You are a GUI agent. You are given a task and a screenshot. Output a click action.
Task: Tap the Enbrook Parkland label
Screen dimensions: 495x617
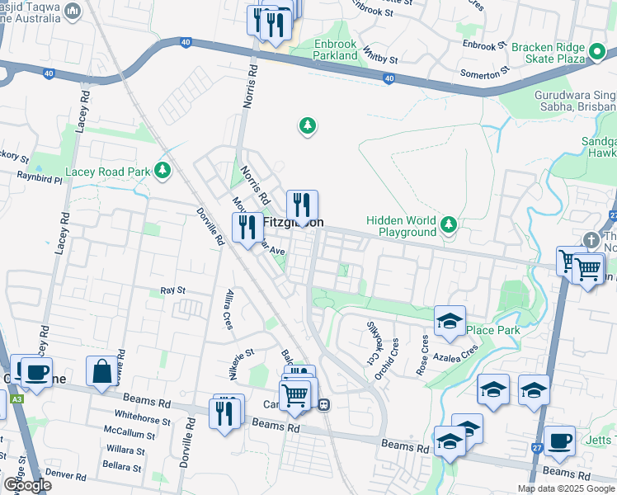click(x=336, y=49)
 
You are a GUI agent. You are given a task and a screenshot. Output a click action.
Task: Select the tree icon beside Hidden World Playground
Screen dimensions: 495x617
click(x=448, y=224)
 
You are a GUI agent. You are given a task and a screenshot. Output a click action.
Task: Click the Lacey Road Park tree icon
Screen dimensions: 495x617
click(x=163, y=171)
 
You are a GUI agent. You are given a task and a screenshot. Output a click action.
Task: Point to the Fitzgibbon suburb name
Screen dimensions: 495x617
click(x=293, y=223)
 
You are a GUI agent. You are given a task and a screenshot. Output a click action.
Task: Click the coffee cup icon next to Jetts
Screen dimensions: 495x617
click(x=559, y=441)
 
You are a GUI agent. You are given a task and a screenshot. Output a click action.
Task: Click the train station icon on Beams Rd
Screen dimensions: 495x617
click(x=325, y=404)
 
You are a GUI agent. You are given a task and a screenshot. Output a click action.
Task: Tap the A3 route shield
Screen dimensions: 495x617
click(x=16, y=400)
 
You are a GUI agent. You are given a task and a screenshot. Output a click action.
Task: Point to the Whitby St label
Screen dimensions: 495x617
click(x=380, y=59)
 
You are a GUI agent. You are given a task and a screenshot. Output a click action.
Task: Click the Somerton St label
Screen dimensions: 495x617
click(x=480, y=75)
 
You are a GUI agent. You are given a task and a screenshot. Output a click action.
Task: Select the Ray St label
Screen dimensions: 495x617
click(x=172, y=290)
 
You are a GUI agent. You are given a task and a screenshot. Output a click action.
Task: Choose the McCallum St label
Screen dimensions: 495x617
click(x=124, y=431)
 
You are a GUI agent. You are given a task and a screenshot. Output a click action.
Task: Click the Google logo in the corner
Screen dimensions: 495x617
click(x=26, y=484)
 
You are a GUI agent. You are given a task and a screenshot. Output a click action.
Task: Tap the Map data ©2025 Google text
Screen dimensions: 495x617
click(x=566, y=488)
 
